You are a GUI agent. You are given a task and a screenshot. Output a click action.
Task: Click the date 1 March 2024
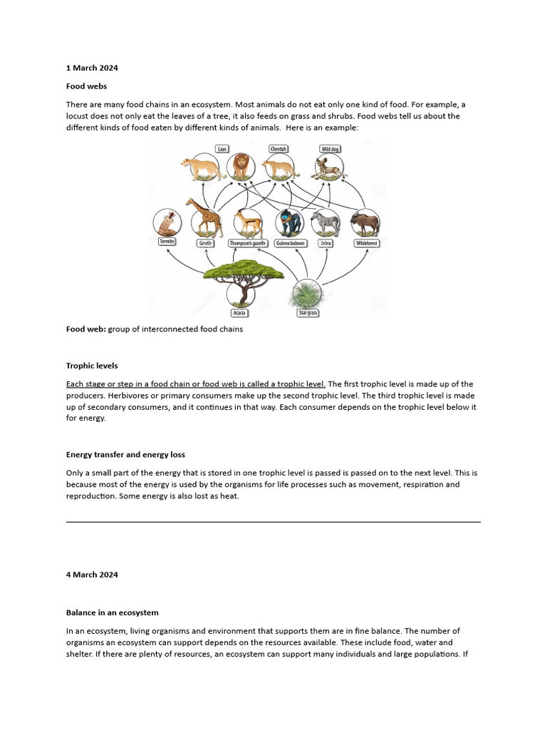point(92,68)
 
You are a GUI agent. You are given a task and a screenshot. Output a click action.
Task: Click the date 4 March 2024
point(92,574)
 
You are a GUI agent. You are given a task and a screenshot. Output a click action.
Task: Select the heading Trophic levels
point(92,366)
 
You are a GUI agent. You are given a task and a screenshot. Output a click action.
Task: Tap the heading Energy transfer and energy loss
point(125,454)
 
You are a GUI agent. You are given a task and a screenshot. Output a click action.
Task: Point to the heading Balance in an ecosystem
point(112,612)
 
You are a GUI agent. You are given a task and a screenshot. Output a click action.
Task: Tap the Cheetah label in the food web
point(278,149)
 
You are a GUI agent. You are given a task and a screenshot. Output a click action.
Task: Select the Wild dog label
point(330,149)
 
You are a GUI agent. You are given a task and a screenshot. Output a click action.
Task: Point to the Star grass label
point(308,313)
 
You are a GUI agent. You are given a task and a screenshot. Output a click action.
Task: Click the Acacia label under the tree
point(240,313)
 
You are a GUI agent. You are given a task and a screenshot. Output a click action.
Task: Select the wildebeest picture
point(366,222)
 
